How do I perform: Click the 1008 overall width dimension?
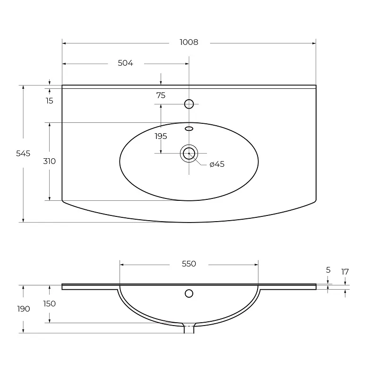(189, 42)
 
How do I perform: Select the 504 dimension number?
(125, 63)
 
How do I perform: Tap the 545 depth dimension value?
(23, 153)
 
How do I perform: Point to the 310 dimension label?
(50, 161)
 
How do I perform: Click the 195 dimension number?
(161, 136)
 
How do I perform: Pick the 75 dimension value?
(161, 95)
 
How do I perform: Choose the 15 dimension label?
(50, 101)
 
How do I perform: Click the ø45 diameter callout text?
(217, 164)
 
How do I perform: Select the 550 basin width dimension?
(189, 264)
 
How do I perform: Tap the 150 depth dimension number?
(50, 303)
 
